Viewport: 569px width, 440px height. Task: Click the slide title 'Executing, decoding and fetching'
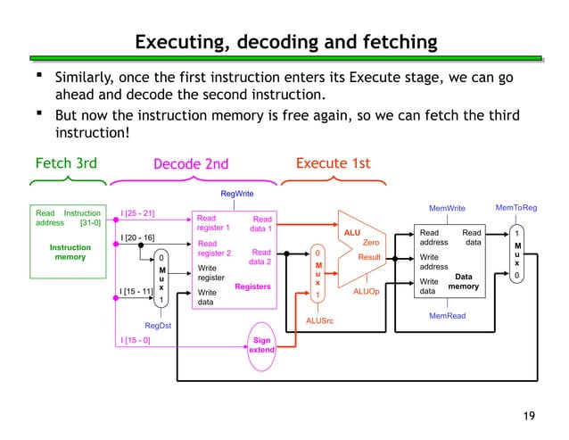click(x=285, y=42)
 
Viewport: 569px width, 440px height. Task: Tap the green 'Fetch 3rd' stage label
click(x=65, y=162)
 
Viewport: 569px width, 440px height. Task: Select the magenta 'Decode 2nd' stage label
click(x=191, y=163)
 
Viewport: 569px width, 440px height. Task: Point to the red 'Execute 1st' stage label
click(x=333, y=162)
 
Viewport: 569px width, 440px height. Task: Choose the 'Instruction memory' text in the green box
click(x=69, y=251)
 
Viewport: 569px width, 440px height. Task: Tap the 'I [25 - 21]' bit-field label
click(x=138, y=213)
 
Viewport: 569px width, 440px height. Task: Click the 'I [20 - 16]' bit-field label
click(x=138, y=237)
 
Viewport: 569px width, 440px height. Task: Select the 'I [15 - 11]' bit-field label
click(x=137, y=290)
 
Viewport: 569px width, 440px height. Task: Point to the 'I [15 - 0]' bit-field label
click(x=136, y=340)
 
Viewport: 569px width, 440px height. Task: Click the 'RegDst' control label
click(x=158, y=326)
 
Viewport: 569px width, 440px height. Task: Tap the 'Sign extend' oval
click(x=261, y=345)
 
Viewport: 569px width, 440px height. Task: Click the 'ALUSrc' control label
click(x=319, y=320)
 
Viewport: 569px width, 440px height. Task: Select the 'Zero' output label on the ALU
click(x=372, y=242)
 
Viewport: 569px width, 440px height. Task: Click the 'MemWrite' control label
click(x=448, y=209)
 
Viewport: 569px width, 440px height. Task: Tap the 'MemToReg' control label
click(x=516, y=208)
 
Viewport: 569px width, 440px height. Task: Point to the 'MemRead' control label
click(x=448, y=315)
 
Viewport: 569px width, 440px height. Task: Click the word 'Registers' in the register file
click(x=252, y=286)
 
